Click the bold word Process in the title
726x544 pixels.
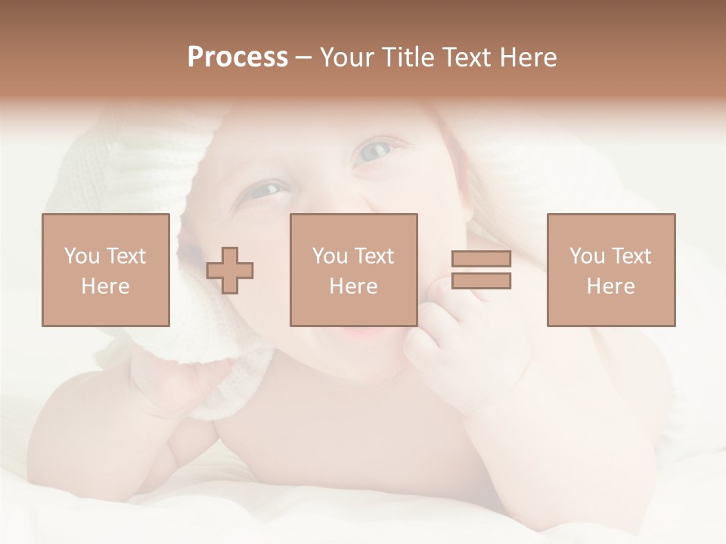click(x=237, y=57)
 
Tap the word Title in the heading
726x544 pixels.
click(x=409, y=57)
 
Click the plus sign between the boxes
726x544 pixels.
click(x=230, y=270)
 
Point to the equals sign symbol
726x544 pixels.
click(x=481, y=270)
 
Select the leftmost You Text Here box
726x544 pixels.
click(x=105, y=270)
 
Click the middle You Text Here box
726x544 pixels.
click(x=353, y=270)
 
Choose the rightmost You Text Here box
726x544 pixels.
click(x=610, y=270)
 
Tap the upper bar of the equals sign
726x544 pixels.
click(x=481, y=258)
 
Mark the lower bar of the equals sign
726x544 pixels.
click(x=481, y=281)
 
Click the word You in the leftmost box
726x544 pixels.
click(x=82, y=256)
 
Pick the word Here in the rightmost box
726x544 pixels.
click(x=610, y=286)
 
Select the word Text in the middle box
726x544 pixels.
click(x=374, y=256)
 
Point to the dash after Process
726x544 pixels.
click(x=303, y=57)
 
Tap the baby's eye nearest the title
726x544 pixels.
click(x=373, y=152)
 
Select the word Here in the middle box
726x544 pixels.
click(x=353, y=286)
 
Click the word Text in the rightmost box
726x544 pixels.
click(x=631, y=256)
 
